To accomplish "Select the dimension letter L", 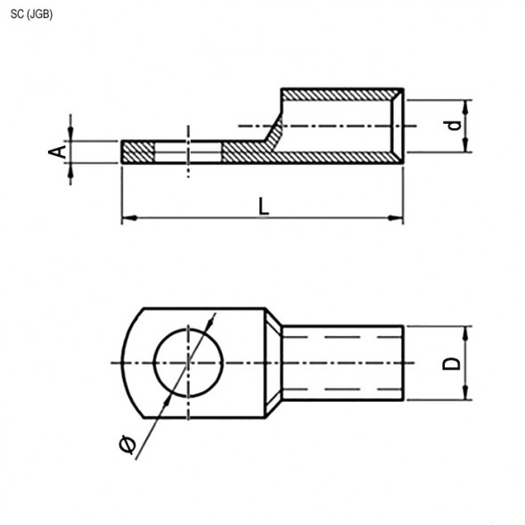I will click(263, 206).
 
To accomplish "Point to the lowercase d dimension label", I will click(455, 126).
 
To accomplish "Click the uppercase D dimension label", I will click(453, 364).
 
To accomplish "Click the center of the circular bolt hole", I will click(188, 363).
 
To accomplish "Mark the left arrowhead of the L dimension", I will click(127, 217).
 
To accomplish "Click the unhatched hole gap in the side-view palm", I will click(188, 152).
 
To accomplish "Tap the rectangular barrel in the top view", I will click(343, 364).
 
